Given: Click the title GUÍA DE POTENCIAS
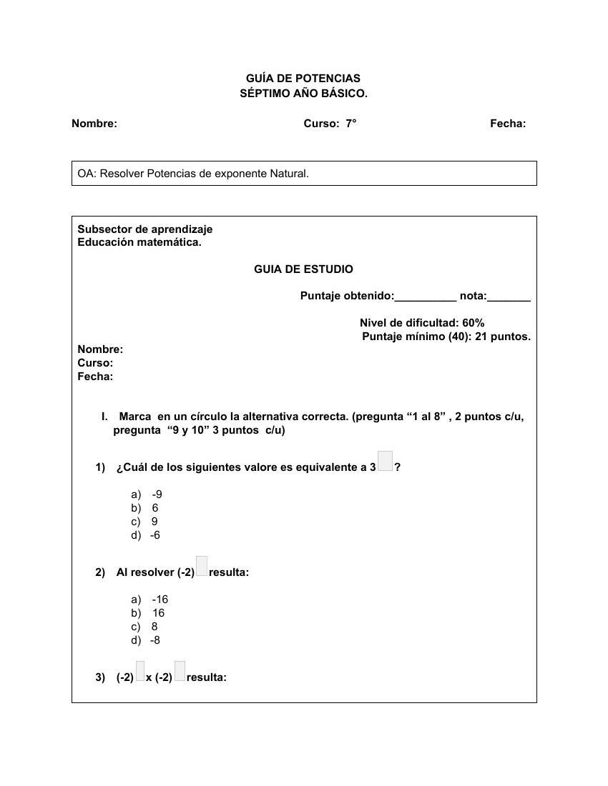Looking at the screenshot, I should [x=303, y=78].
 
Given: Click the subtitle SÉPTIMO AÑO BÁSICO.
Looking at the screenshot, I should [x=303, y=94].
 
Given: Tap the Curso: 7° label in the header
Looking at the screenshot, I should [x=330, y=124].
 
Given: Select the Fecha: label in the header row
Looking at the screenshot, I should [x=508, y=124].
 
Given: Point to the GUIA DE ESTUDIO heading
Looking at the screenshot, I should [x=303, y=269].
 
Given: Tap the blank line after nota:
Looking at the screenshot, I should [x=509, y=297].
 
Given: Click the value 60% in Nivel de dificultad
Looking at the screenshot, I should [x=473, y=323].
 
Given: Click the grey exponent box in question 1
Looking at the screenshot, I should [x=385, y=462].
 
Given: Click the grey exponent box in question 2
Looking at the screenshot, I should [x=202, y=567].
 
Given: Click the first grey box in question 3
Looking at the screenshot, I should [x=140, y=672].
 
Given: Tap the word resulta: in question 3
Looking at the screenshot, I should [x=206, y=677].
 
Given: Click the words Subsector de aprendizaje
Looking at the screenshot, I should [x=145, y=229].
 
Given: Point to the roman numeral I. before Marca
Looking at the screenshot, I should [x=104, y=417].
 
